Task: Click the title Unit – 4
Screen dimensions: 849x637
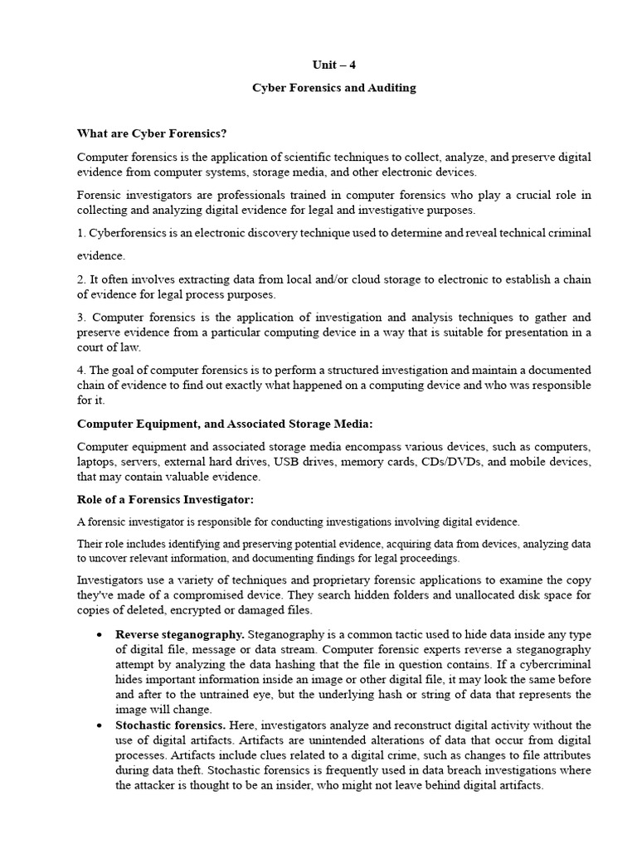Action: tap(335, 65)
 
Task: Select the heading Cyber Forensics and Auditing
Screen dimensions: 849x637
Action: tap(334, 88)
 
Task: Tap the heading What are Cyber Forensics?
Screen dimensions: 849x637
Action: tap(151, 133)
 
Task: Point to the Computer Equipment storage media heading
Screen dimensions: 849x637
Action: tap(225, 424)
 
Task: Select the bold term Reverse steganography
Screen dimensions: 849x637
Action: tap(179, 634)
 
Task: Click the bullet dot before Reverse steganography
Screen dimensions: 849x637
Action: tap(99, 635)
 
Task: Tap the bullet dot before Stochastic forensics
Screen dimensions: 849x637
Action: tap(99, 725)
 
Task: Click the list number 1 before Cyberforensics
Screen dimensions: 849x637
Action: tap(80, 233)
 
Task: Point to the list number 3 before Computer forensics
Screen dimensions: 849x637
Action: tap(80, 318)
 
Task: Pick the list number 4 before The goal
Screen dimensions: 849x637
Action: tap(80, 370)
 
